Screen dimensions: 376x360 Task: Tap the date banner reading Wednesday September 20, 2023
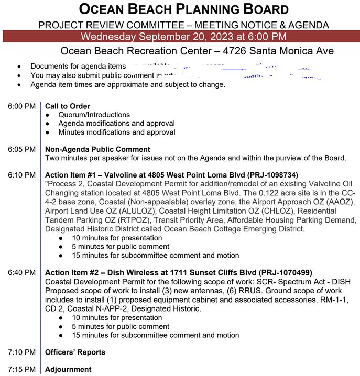point(183,36)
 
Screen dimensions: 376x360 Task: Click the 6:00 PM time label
point(21,106)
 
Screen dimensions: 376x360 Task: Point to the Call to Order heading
point(68,106)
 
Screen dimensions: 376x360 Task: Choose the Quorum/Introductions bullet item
point(94,115)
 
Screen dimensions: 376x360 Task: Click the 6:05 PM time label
point(21,149)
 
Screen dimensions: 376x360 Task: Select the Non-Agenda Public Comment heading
point(97,149)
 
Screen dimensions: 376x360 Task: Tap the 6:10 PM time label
point(21,175)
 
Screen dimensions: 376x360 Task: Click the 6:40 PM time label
point(21,272)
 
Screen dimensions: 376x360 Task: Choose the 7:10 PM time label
point(21,352)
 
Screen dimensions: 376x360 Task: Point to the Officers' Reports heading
point(75,352)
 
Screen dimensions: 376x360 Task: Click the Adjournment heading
point(68,369)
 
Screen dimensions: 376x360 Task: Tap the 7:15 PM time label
point(21,369)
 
